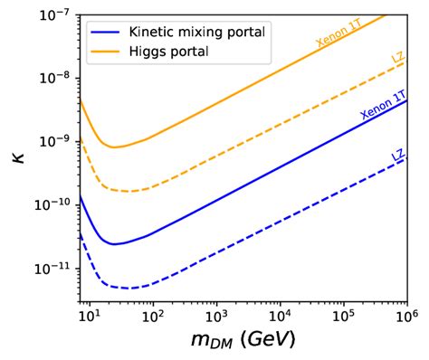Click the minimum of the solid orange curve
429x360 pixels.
(113, 147)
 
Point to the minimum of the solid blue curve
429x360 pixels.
(113, 244)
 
